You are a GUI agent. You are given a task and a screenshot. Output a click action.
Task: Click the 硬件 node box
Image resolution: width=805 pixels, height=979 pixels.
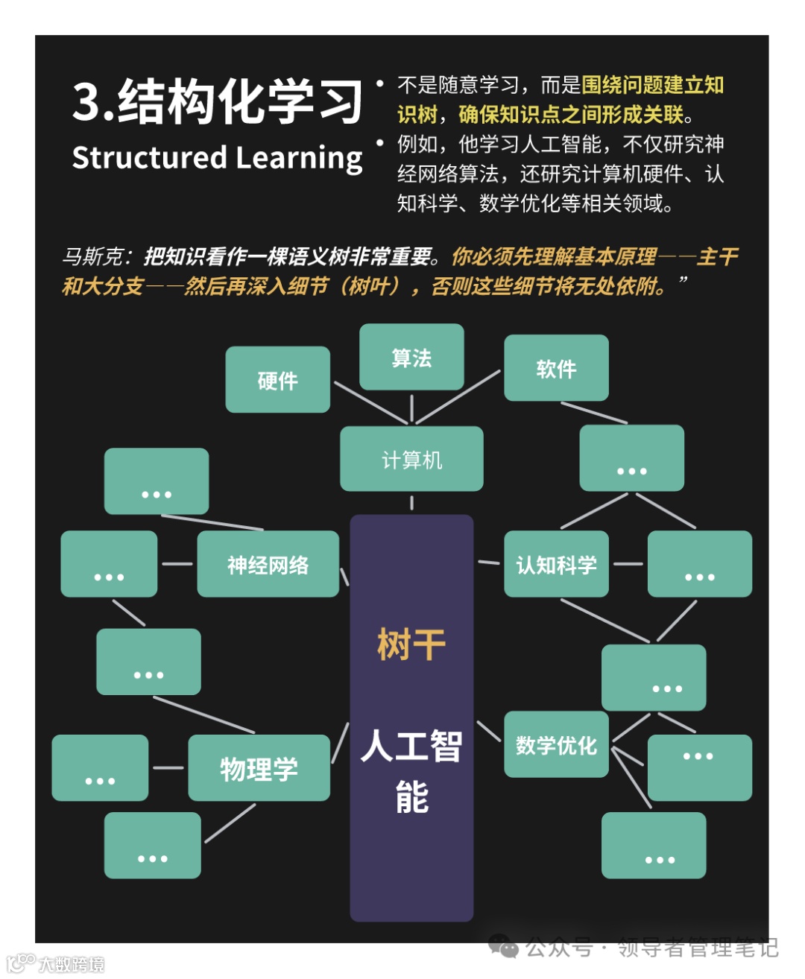pyautogui.click(x=277, y=379)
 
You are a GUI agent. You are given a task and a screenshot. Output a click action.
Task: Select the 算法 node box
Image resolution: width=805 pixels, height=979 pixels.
pyautogui.click(x=411, y=357)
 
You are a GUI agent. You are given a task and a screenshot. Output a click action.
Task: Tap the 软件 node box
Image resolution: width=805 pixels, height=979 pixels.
pyautogui.click(x=556, y=368)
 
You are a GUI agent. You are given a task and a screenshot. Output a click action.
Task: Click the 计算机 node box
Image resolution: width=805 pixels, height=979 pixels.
pyautogui.click(x=411, y=459)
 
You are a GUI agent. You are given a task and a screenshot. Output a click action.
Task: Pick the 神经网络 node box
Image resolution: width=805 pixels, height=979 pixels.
pyautogui.click(x=268, y=564)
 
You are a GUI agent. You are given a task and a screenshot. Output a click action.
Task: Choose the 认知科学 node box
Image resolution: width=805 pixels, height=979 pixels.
pyautogui.click(x=556, y=564)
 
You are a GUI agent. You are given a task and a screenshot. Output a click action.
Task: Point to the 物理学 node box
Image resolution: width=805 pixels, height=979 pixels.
pyautogui.click(x=259, y=768)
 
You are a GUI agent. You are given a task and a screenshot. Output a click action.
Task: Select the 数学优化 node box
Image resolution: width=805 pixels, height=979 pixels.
pyautogui.click(x=556, y=744)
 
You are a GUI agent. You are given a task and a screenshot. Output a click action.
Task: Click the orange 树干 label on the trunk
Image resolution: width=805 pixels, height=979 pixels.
pyautogui.click(x=411, y=644)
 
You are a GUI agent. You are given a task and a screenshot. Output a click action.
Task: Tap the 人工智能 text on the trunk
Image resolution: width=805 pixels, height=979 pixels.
pyautogui.click(x=411, y=770)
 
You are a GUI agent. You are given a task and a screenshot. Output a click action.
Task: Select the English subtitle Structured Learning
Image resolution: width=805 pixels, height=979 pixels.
pyautogui.click(x=218, y=157)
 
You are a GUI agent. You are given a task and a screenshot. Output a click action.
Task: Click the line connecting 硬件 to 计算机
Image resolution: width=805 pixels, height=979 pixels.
pyautogui.click(x=370, y=402)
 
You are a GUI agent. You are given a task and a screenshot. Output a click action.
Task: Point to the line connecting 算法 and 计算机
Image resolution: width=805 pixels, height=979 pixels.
pyautogui.click(x=411, y=408)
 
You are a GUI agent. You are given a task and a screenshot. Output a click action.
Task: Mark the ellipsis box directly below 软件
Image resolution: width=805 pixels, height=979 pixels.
pyautogui.click(x=631, y=457)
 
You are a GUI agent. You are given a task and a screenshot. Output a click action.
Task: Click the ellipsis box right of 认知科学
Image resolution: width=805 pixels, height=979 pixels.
pyautogui.click(x=699, y=564)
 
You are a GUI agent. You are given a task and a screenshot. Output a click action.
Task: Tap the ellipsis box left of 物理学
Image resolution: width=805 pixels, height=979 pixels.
pyautogui.click(x=100, y=768)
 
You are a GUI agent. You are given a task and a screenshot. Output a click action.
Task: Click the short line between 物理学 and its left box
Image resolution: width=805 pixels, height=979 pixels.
pyautogui.click(x=168, y=767)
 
